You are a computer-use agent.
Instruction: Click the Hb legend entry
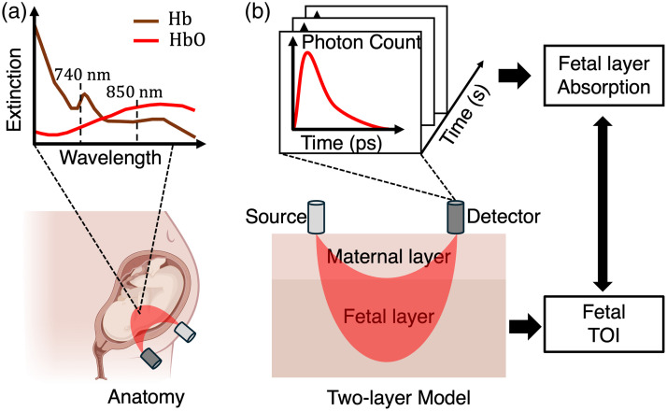(x=177, y=20)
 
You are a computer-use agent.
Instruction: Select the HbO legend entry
(x=183, y=41)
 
